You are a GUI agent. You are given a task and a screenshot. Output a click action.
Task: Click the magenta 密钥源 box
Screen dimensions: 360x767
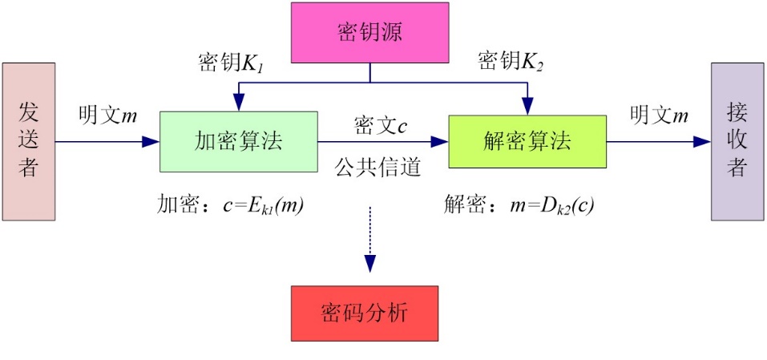[369, 33]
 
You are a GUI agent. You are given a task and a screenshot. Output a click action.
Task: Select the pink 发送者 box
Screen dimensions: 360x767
[28, 141]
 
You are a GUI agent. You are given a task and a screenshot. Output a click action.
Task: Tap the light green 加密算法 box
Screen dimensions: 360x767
[239, 141]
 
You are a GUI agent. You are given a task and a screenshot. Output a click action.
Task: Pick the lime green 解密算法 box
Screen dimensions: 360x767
[527, 141]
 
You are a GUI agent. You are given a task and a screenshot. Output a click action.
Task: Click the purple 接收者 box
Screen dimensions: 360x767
[737, 141]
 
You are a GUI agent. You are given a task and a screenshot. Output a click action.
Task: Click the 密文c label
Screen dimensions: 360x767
[381, 126]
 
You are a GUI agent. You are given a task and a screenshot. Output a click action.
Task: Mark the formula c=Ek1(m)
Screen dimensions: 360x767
[264, 206]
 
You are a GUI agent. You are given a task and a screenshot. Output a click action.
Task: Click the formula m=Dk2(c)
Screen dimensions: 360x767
[552, 206]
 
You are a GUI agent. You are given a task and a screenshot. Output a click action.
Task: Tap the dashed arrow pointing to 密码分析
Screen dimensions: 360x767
[369, 241]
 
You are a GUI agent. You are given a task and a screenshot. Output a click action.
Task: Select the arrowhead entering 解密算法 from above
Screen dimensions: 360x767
[527, 107]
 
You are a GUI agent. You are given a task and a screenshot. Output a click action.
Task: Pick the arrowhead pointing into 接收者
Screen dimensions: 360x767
[703, 142]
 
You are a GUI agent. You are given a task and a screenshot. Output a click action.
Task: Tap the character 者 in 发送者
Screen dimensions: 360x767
[28, 167]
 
